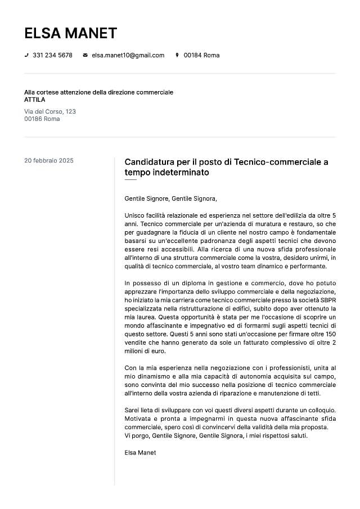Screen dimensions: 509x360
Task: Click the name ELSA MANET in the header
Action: [70, 33]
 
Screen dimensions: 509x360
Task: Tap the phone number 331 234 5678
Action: [52, 55]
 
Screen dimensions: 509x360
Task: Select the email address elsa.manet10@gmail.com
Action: [128, 55]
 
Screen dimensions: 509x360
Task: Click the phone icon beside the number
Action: [26, 55]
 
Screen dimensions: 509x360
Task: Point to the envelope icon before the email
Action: [85, 55]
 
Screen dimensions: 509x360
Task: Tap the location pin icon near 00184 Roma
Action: [177, 55]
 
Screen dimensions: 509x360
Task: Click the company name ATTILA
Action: [34, 100]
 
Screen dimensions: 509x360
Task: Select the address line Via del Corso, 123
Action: [50, 111]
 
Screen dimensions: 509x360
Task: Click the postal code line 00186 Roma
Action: [42, 119]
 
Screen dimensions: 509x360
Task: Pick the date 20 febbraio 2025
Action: [49, 160]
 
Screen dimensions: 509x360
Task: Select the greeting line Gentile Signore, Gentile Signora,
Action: [170, 199]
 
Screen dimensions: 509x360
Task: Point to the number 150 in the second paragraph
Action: [331, 334]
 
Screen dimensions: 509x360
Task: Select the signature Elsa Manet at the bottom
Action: [140, 452]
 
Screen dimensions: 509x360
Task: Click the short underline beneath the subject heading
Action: [130, 180]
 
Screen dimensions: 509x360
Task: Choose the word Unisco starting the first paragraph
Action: [135, 215]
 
